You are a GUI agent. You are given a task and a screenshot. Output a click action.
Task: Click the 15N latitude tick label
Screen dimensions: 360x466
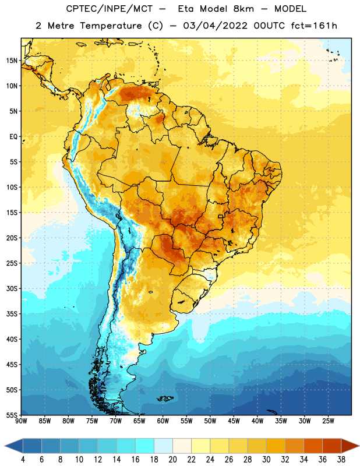pyautogui.click(x=12, y=61)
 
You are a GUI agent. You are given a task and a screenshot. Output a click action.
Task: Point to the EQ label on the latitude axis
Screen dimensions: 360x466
pyautogui.click(x=13, y=137)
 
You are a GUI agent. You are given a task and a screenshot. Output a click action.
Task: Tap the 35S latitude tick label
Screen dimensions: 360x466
pyautogui.click(x=12, y=314)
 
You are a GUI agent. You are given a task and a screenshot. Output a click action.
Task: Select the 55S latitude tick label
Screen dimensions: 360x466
pyautogui.click(x=12, y=415)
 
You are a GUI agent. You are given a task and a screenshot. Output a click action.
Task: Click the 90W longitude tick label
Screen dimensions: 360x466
pyautogui.click(x=21, y=421)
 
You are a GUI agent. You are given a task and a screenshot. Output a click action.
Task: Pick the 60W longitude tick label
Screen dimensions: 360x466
pyautogui.click(x=163, y=421)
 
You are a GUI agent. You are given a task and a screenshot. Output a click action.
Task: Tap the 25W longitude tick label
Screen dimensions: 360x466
pyautogui.click(x=328, y=421)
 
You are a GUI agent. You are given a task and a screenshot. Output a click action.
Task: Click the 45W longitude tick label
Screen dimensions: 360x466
pyautogui.click(x=234, y=421)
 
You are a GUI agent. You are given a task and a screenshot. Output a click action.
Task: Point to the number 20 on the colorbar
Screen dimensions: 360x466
pyautogui.click(x=172, y=460)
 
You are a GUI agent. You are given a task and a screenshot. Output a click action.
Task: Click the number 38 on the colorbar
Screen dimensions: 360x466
pyautogui.click(x=341, y=460)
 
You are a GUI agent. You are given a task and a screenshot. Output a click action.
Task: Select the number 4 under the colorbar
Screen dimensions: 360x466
pyautogui.click(x=23, y=460)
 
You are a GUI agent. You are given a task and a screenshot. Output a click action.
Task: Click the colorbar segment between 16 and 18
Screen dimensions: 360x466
pyautogui.click(x=145, y=446)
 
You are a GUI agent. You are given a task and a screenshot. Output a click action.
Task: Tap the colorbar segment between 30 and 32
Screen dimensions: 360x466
pyautogui.click(x=276, y=446)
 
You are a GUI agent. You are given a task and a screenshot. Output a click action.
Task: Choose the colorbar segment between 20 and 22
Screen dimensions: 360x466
pyautogui.click(x=182, y=446)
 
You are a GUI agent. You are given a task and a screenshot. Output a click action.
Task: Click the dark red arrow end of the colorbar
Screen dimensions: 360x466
pyautogui.click(x=350, y=446)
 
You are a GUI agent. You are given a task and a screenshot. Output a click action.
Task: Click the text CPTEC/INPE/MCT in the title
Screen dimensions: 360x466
pyautogui.click(x=110, y=9)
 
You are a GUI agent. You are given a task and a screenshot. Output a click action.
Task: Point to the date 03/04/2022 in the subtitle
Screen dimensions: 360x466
pyautogui.click(x=215, y=26)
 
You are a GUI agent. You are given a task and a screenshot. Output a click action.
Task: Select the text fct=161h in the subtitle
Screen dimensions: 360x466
pyautogui.click(x=314, y=26)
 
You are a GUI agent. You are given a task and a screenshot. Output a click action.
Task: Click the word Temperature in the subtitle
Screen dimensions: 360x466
pyautogui.click(x=111, y=26)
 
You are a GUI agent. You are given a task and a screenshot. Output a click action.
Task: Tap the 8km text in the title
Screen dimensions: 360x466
pyautogui.click(x=243, y=9)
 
